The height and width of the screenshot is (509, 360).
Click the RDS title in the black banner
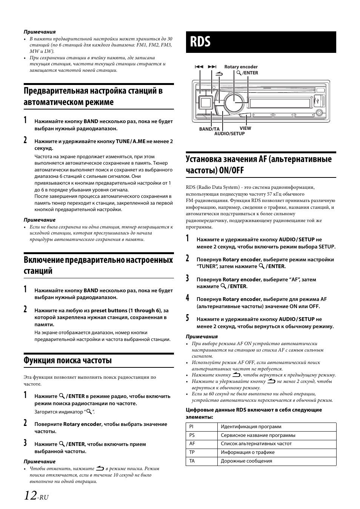coord(200,42)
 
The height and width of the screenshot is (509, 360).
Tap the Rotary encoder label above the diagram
coord(241,67)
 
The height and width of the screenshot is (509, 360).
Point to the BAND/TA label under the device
coord(209,129)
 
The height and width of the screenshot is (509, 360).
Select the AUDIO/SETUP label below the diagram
coord(229,134)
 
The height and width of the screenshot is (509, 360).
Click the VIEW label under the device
coord(245,128)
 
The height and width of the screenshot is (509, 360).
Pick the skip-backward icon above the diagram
coord(199,67)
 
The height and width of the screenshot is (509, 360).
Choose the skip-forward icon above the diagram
coord(212,67)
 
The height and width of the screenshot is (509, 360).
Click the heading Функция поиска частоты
coord(68,360)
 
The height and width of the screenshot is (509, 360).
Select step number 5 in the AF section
coord(188,318)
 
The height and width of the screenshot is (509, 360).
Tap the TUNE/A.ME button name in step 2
coord(131,141)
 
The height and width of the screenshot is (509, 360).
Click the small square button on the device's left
coord(205,102)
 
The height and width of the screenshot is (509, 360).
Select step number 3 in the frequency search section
coord(25,443)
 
